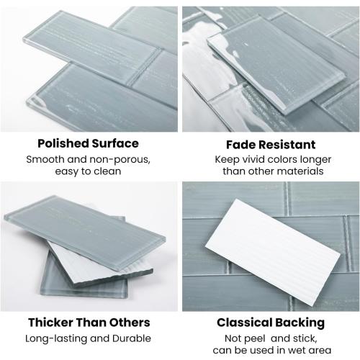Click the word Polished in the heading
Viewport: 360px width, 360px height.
click(x=63, y=144)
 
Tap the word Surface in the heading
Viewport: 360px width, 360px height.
click(x=115, y=143)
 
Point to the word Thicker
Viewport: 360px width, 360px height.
click(x=50, y=323)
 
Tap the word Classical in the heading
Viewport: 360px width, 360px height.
click(x=245, y=323)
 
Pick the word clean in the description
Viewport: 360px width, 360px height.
click(x=107, y=171)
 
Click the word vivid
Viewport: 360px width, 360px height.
click(x=253, y=159)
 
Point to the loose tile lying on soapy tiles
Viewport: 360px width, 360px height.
click(x=276, y=63)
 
